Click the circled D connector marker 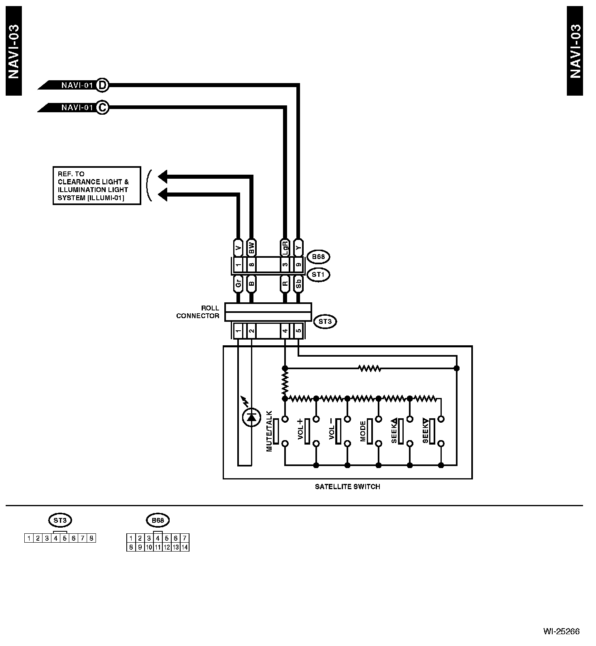tap(103, 85)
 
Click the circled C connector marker tap(103, 107)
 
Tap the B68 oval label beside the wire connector tap(318, 257)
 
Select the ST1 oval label tap(318, 274)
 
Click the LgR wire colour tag tap(285, 247)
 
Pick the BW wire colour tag tap(251, 247)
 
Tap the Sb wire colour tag tap(298, 284)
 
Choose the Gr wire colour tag tap(238, 284)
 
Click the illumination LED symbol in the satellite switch tap(251, 417)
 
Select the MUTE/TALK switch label tap(269, 431)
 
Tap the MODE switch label tap(363, 431)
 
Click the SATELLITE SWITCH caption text tap(347, 487)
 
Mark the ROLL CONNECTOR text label tap(198, 312)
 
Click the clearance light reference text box tap(97, 186)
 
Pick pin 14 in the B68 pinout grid tap(185, 547)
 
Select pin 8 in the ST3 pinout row tap(92, 538)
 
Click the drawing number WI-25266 tap(561, 631)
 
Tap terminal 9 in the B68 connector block tap(298, 265)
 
